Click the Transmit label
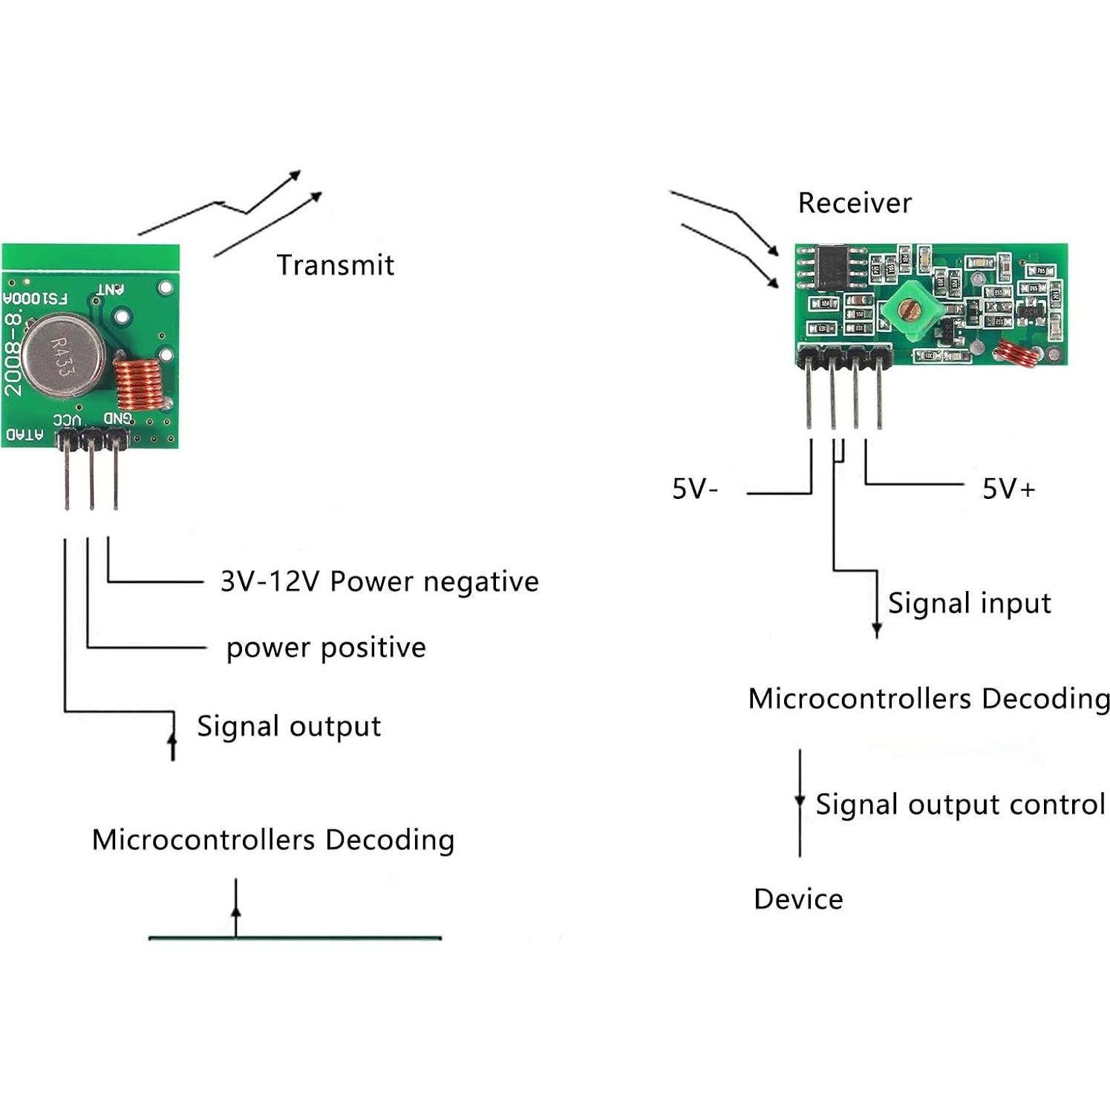point(335,265)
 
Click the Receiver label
point(854,203)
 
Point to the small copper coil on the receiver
point(1015,354)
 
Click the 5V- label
point(695,489)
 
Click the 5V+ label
point(1008,489)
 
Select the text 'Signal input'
point(969,604)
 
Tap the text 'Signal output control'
point(960,805)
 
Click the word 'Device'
point(798,899)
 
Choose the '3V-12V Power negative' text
point(379,581)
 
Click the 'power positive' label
point(326,648)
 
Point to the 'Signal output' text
point(289,726)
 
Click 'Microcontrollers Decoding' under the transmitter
point(273,840)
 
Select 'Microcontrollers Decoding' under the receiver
point(928,699)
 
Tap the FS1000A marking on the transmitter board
point(35,298)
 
